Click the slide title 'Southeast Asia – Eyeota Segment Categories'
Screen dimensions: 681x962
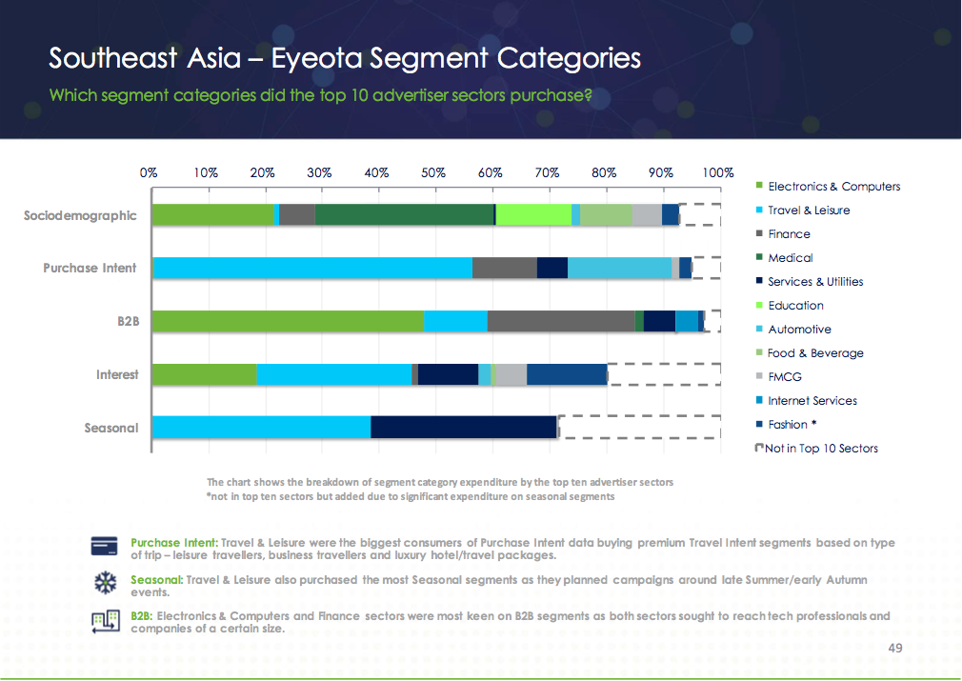pos(345,58)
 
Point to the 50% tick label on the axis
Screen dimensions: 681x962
pos(433,173)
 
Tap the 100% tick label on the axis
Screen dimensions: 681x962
pos(718,173)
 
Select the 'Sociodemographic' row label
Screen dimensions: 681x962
pos(80,215)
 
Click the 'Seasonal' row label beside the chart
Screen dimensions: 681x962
pos(110,428)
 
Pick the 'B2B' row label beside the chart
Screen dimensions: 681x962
pos(128,322)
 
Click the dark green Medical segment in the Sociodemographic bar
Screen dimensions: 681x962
pos(404,215)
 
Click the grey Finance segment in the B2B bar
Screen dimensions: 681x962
pos(561,322)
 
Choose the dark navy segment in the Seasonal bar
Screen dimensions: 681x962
pos(463,428)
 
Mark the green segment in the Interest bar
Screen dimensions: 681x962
pos(204,374)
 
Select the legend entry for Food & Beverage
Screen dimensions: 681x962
pos(815,353)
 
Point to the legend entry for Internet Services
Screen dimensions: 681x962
pos(812,401)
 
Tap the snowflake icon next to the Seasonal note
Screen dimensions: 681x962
pos(103,582)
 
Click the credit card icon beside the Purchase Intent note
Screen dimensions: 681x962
pos(104,546)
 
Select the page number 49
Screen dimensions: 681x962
pos(894,649)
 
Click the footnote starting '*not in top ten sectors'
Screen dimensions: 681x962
pos(411,496)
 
